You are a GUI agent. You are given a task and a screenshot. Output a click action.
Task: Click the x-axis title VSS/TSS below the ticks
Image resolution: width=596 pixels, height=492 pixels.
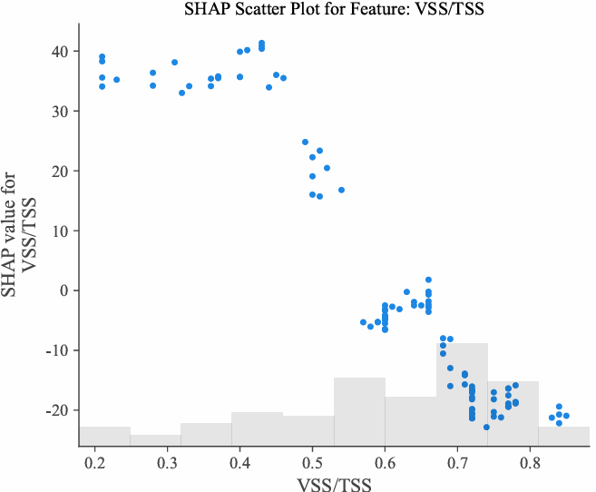[x=334, y=483]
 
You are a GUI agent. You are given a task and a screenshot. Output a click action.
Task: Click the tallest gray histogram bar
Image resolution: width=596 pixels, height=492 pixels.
[x=462, y=395]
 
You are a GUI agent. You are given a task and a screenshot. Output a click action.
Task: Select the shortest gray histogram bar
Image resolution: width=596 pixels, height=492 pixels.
[x=155, y=441]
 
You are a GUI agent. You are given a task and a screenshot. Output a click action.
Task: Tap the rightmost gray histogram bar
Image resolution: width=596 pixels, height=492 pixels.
[x=563, y=437]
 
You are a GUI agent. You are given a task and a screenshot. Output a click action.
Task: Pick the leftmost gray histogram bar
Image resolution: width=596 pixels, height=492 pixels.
[x=104, y=437]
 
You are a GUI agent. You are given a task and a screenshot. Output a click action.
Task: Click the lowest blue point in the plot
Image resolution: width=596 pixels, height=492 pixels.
[x=486, y=427]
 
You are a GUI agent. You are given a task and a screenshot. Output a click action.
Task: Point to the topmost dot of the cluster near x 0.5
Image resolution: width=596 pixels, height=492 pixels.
[x=305, y=142]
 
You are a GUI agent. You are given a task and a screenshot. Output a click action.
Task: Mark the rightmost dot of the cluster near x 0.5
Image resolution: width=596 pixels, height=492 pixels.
[x=341, y=190]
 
